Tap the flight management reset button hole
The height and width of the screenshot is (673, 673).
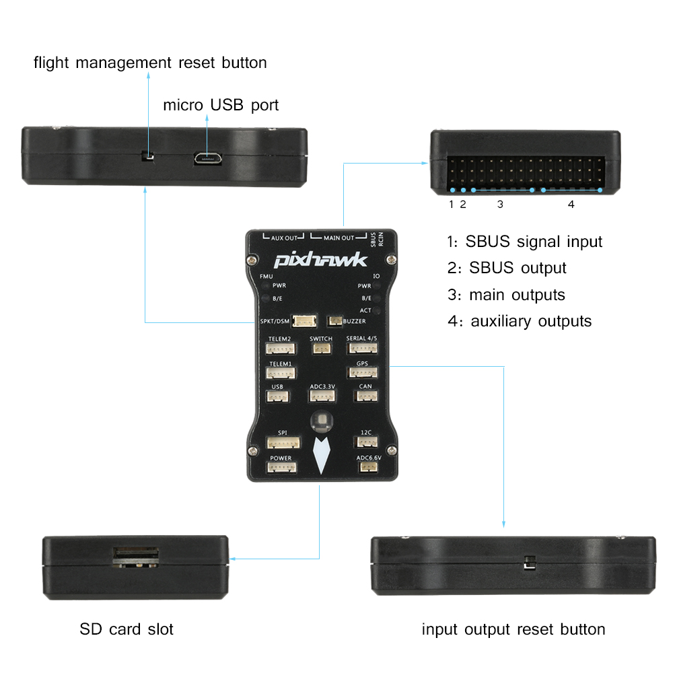[149, 158]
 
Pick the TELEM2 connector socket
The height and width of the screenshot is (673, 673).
[279, 349]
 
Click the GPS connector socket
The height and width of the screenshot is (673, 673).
[362, 373]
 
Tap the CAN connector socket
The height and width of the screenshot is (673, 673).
[365, 396]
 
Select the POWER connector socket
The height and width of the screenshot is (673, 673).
[281, 468]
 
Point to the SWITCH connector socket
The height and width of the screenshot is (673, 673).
[321, 349]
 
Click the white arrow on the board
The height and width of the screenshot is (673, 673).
[321, 455]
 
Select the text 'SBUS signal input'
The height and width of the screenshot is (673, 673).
[534, 242]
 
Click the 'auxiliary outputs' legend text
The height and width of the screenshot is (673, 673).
[531, 321]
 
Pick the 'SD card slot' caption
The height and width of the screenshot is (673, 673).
[127, 629]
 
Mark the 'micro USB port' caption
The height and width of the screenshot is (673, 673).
[221, 106]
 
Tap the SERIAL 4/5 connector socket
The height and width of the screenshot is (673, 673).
[362, 349]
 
